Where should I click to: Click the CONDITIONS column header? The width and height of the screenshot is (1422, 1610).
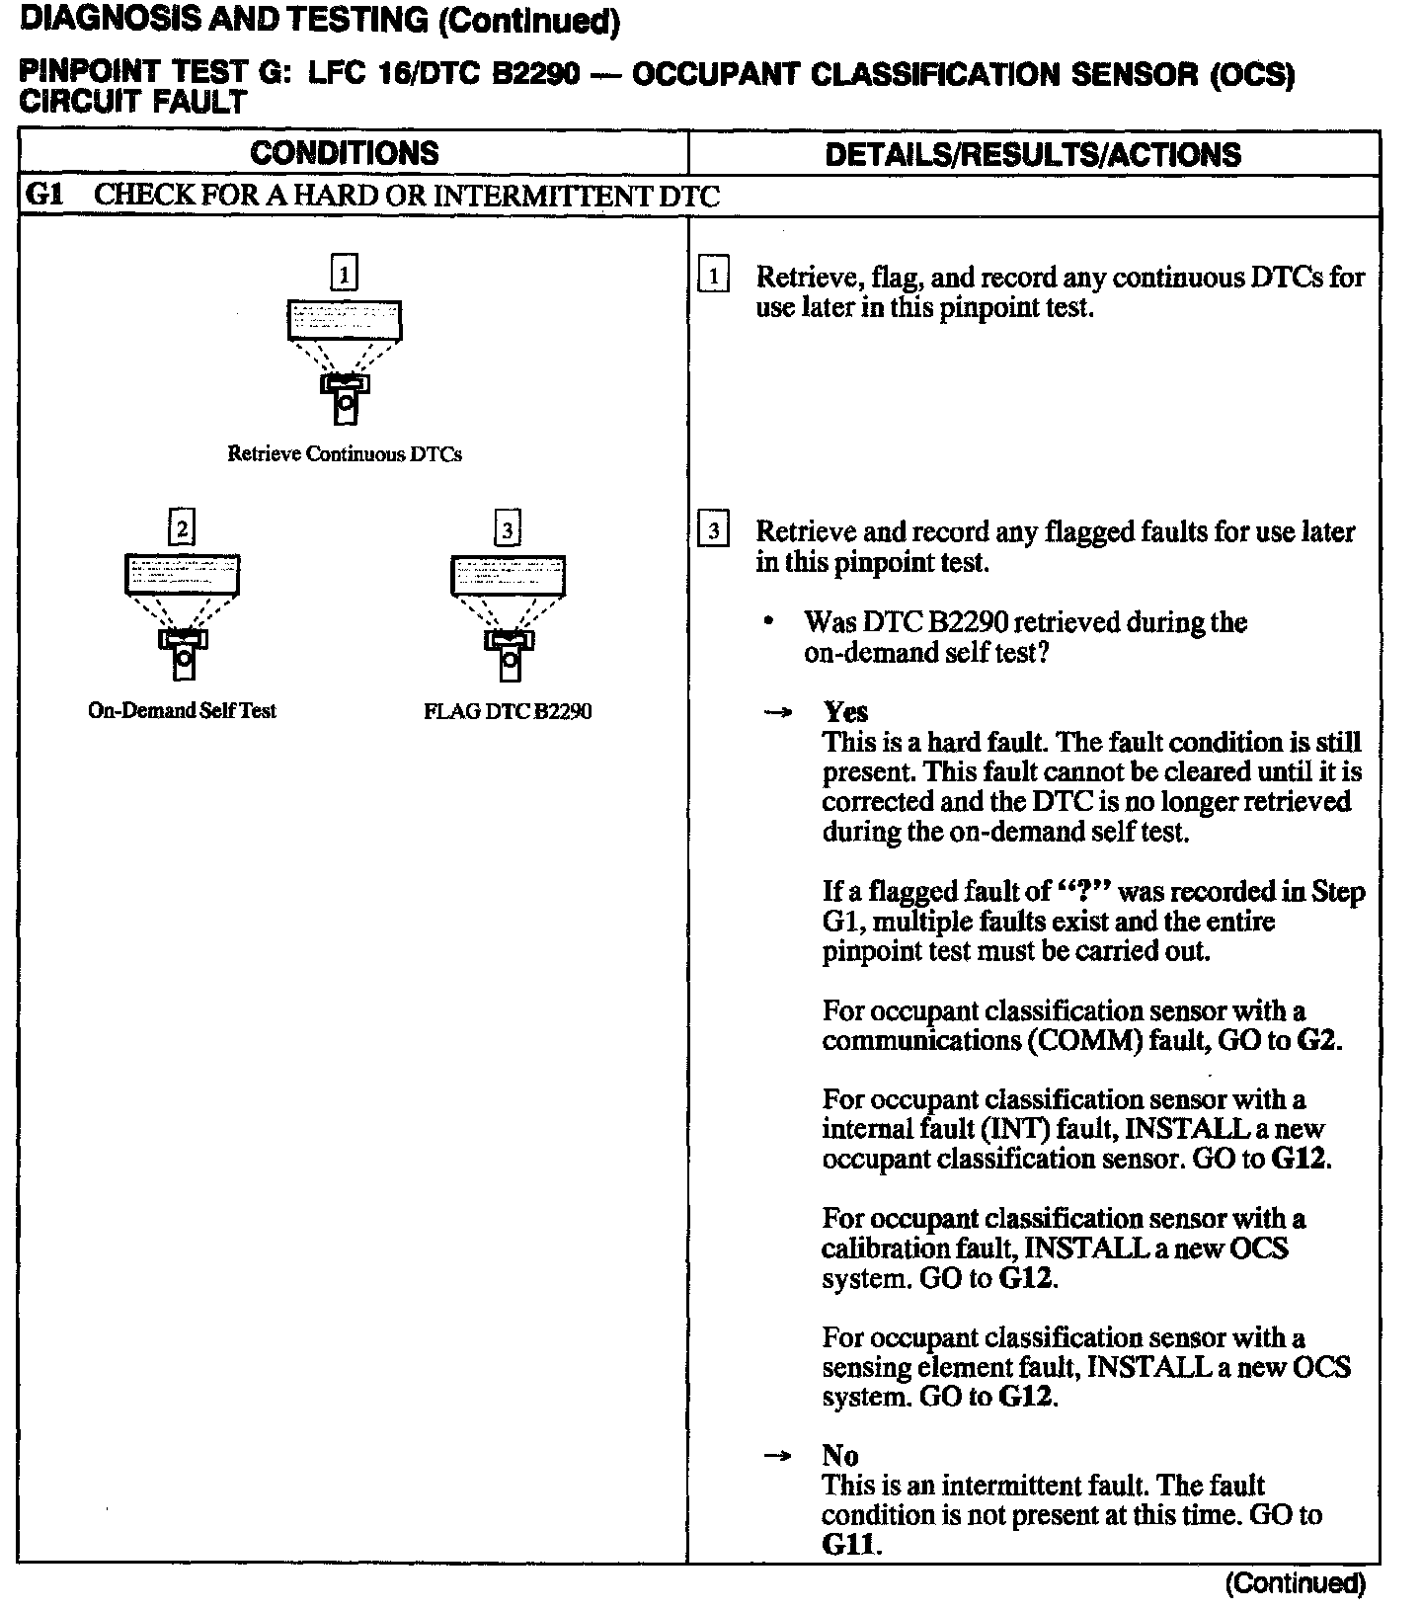pos(344,153)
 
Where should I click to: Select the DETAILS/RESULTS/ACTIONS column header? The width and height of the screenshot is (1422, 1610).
pos(1032,154)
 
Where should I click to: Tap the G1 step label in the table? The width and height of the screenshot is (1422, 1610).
pos(43,195)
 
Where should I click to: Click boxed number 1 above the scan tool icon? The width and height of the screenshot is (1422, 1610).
pos(344,273)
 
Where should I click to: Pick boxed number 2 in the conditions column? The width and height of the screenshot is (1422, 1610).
pos(182,527)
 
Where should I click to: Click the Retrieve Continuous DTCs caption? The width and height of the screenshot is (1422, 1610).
pos(344,454)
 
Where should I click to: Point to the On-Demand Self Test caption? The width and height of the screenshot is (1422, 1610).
pos(182,710)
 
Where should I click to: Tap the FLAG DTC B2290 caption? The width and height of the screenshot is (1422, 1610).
pos(508,711)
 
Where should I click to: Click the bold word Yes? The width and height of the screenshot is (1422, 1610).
pos(845,712)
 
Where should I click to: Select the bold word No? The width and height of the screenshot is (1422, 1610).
pos(839,1455)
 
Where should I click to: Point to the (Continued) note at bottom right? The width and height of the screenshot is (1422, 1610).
pos(1295,1583)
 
